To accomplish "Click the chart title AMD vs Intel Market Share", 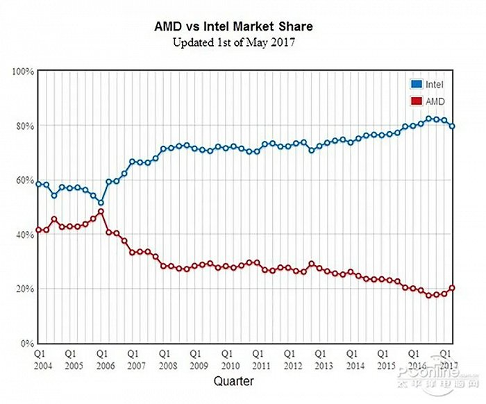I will [233, 26].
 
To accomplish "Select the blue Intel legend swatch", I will [415, 85].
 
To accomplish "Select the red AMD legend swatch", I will [415, 101].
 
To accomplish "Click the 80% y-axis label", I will [26, 126].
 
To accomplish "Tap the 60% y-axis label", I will [26, 180].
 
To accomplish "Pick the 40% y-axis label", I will [26, 235].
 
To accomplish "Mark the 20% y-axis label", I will [26, 289].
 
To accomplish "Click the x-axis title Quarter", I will [233, 381].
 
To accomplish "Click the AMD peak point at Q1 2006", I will [101, 212].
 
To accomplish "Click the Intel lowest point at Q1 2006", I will [101, 203].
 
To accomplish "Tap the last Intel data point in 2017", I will [453, 126].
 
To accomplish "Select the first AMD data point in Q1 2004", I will [39, 230].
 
